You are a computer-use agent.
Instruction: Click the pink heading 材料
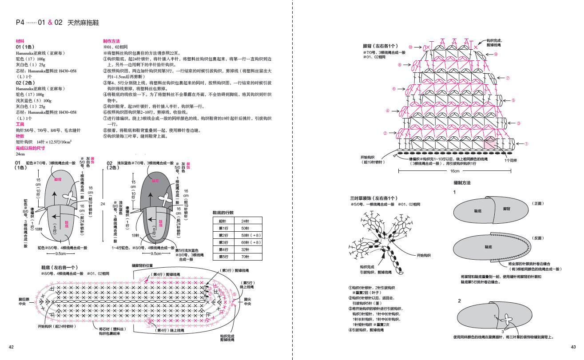(20, 41)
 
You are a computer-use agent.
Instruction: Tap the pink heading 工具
(20, 125)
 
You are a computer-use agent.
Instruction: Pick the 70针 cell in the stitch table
(245, 257)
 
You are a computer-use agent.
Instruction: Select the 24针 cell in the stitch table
(245, 221)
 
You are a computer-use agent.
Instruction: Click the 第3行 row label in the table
(223, 242)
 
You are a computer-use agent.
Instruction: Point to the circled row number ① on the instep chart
(526, 144)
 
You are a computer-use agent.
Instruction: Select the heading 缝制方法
(462, 183)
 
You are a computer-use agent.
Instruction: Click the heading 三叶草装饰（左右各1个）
(374, 198)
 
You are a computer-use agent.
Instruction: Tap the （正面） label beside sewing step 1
(538, 203)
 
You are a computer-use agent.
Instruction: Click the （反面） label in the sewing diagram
(538, 238)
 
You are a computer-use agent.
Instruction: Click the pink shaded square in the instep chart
(490, 143)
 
